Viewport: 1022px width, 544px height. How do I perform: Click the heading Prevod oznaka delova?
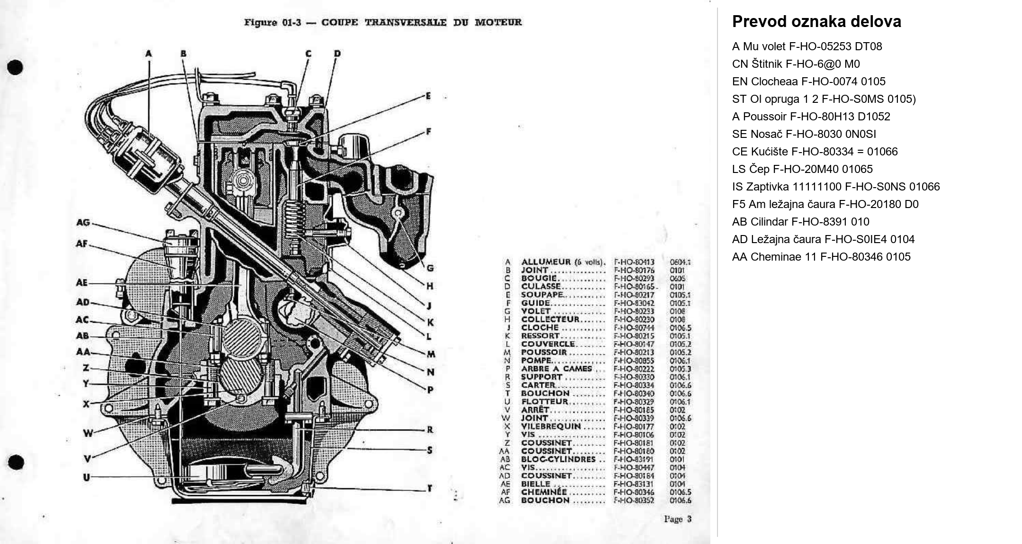click(x=816, y=22)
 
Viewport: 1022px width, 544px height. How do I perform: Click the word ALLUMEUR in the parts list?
click(x=546, y=262)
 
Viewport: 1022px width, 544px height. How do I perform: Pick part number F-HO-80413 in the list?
click(x=634, y=262)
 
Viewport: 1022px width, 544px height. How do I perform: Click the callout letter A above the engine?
click(x=149, y=54)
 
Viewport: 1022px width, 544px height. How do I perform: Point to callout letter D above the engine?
click(x=337, y=54)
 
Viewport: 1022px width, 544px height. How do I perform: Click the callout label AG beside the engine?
click(x=83, y=222)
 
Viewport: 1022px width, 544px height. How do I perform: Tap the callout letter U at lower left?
click(x=86, y=477)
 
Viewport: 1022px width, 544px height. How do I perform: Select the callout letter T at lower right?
click(x=430, y=488)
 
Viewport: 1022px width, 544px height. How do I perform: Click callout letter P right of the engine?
click(x=430, y=390)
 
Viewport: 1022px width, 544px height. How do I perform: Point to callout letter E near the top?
click(x=429, y=96)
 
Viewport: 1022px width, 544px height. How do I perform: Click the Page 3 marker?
click(x=677, y=519)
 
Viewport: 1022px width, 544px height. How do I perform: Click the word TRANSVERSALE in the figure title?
click(x=405, y=22)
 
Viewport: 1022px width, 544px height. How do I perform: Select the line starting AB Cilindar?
click(x=800, y=222)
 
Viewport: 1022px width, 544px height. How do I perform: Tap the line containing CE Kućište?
click(x=815, y=152)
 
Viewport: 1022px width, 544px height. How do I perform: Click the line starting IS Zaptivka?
click(x=835, y=187)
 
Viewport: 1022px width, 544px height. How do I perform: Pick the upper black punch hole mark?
click(x=15, y=67)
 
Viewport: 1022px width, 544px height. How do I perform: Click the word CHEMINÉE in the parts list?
click(x=544, y=492)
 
